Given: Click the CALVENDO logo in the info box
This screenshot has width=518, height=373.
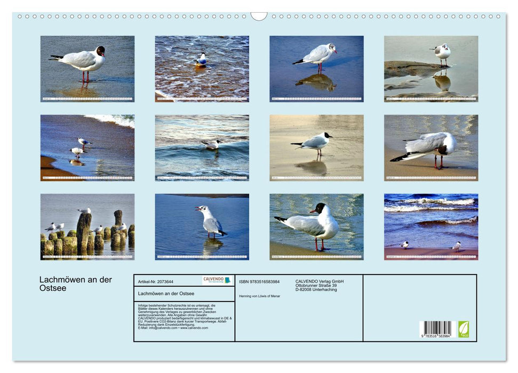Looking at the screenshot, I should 217,280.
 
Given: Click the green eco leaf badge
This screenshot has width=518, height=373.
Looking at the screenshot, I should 464,329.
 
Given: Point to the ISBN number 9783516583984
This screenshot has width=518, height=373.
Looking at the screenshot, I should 259,281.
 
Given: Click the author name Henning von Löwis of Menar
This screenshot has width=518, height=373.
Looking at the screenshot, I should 260,296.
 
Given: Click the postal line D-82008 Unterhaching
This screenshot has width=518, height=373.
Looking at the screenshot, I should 316,290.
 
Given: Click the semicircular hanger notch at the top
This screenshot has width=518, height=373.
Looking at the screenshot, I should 259,16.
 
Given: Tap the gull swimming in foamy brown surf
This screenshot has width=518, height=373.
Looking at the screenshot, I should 201,60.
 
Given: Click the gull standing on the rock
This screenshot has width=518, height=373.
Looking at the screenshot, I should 442,53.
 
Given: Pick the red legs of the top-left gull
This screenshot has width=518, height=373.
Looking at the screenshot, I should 84,76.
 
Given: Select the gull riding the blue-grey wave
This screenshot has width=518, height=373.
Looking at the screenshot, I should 212,144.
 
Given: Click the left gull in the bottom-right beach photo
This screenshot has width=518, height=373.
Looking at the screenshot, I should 404,245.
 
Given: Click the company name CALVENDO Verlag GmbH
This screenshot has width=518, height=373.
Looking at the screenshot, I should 320,281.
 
